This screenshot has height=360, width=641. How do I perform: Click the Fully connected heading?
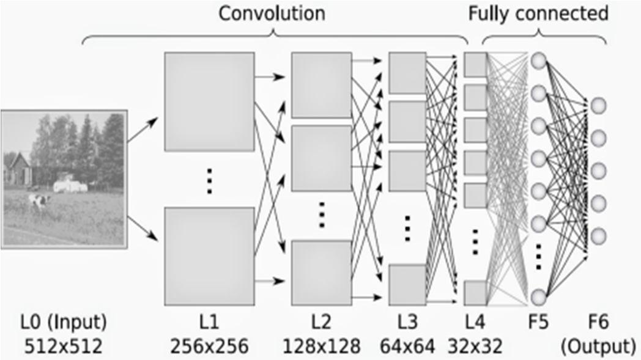[x=538, y=13]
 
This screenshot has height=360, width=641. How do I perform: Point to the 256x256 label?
[x=209, y=345]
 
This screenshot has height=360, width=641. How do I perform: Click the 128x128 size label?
[x=321, y=345]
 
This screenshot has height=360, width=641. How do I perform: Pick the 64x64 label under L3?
[x=407, y=345]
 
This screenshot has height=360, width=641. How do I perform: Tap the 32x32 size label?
[x=474, y=345]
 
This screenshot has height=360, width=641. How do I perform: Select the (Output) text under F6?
[x=598, y=345]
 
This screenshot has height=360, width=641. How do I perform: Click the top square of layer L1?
[x=209, y=101]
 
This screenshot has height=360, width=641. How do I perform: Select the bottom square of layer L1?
[x=209, y=256]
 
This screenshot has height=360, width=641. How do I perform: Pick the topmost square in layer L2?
[x=321, y=84]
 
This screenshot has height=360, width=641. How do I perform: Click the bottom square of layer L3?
[x=407, y=284]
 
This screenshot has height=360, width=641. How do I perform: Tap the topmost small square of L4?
[x=475, y=65]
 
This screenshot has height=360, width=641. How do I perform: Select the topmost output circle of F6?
[x=598, y=105]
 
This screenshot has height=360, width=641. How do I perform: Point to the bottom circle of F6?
[x=598, y=235]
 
